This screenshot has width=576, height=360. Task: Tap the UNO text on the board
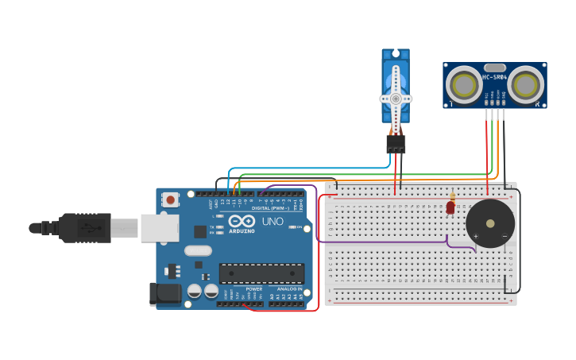pos(273,222)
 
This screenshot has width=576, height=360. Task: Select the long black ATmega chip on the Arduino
pos(261,273)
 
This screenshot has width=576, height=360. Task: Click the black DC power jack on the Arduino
pos(165,293)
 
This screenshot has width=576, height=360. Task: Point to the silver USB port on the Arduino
pos(159,228)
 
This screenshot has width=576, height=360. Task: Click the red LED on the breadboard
pos(450,207)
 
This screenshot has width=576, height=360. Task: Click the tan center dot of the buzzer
pos(490,223)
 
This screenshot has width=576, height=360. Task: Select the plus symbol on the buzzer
pos(476,236)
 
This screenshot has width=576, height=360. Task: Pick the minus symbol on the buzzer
pos(504,236)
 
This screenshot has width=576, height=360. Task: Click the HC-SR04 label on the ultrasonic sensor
pos(494,77)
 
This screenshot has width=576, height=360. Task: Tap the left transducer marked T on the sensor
pos(462,83)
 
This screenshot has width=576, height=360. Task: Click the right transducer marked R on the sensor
pos(525,83)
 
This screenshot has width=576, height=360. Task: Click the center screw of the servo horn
pos(395,99)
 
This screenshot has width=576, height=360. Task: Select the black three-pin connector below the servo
pos(396,144)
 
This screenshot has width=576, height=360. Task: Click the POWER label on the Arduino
pos(253,288)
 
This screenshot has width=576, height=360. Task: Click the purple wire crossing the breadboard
pos(381,241)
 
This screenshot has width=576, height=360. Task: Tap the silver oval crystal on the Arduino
pos(198,251)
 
